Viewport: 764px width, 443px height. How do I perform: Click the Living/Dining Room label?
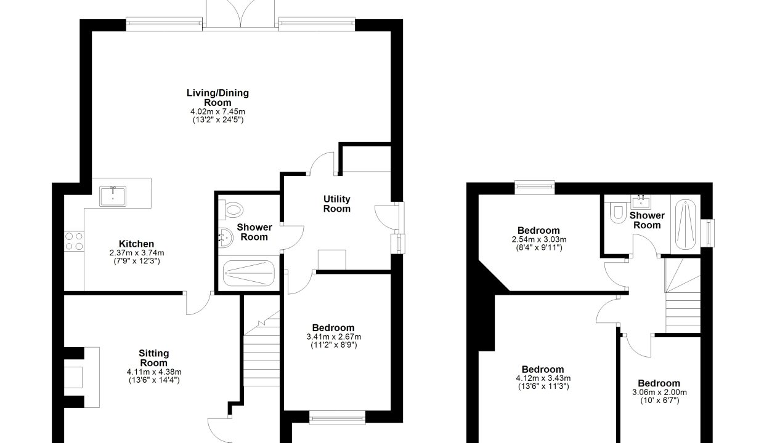[217, 98]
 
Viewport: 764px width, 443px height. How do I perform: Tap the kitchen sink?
[113, 196]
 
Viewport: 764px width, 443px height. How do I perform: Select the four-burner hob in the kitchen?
[74, 241]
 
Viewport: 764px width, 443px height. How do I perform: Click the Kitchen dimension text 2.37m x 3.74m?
[136, 253]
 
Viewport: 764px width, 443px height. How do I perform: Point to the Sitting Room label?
[154, 358]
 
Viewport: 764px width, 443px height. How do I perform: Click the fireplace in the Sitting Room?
[82, 377]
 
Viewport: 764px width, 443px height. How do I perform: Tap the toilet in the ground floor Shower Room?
[231, 210]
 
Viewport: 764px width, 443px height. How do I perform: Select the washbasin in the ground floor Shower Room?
[226, 237]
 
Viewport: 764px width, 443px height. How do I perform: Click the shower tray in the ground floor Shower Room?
[249, 273]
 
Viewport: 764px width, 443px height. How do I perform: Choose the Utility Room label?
[336, 204]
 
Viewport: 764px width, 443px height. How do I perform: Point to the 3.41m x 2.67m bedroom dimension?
[333, 337]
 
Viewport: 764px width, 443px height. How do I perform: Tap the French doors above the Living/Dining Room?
[240, 14]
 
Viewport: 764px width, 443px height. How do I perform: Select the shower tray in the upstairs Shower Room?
[686, 225]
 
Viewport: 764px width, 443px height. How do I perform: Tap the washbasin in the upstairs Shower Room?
[641, 202]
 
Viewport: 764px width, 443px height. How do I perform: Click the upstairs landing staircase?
[683, 295]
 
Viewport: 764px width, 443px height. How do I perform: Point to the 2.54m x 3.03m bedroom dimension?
[539, 239]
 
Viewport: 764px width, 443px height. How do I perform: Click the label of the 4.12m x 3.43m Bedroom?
[543, 369]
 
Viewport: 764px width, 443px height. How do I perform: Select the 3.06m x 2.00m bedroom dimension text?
[659, 393]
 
